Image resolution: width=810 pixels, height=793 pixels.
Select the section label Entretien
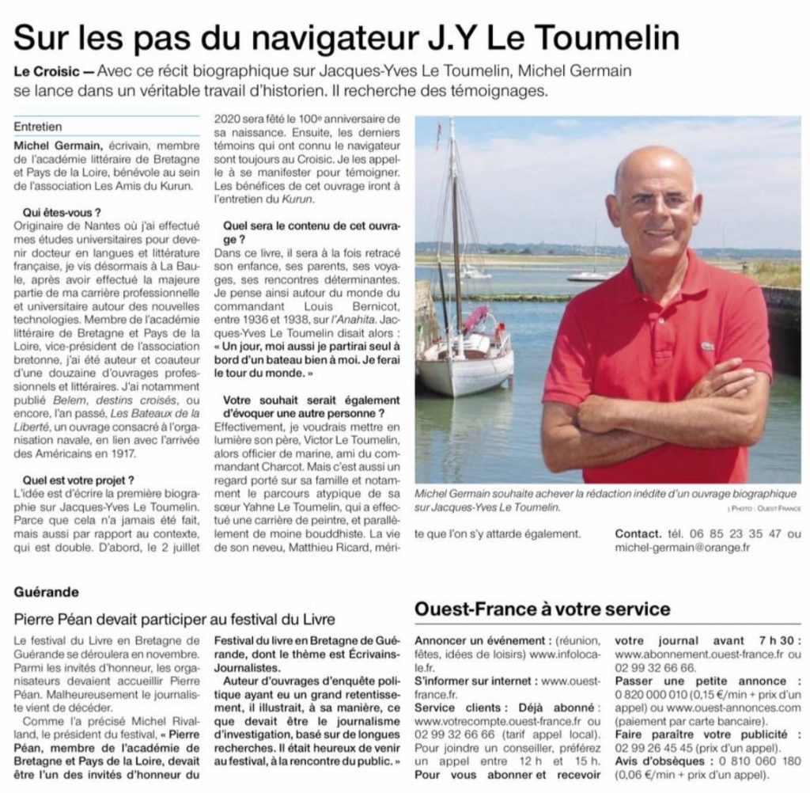[x=39, y=126]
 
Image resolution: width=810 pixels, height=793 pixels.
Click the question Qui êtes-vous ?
[x=62, y=214]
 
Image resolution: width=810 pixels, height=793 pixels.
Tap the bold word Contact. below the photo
[x=639, y=533]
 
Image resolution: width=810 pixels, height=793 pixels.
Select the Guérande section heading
[x=45, y=590]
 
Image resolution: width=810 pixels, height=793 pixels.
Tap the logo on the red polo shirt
[x=706, y=346]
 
